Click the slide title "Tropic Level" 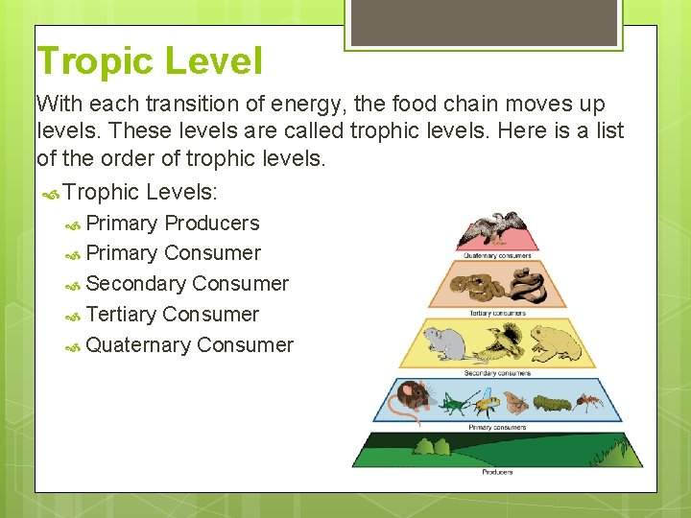click(x=149, y=61)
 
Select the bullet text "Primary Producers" click(x=172, y=224)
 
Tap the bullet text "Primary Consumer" click(x=173, y=254)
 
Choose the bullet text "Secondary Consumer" click(x=186, y=284)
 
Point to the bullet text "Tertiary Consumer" click(x=172, y=315)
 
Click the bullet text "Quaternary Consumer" click(x=189, y=345)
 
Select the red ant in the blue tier click(x=589, y=401)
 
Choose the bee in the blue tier click(x=486, y=401)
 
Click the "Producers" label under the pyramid click(x=496, y=472)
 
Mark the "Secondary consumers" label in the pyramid click(x=496, y=373)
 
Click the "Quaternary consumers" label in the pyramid click(x=496, y=255)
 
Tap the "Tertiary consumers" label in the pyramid click(x=496, y=313)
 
